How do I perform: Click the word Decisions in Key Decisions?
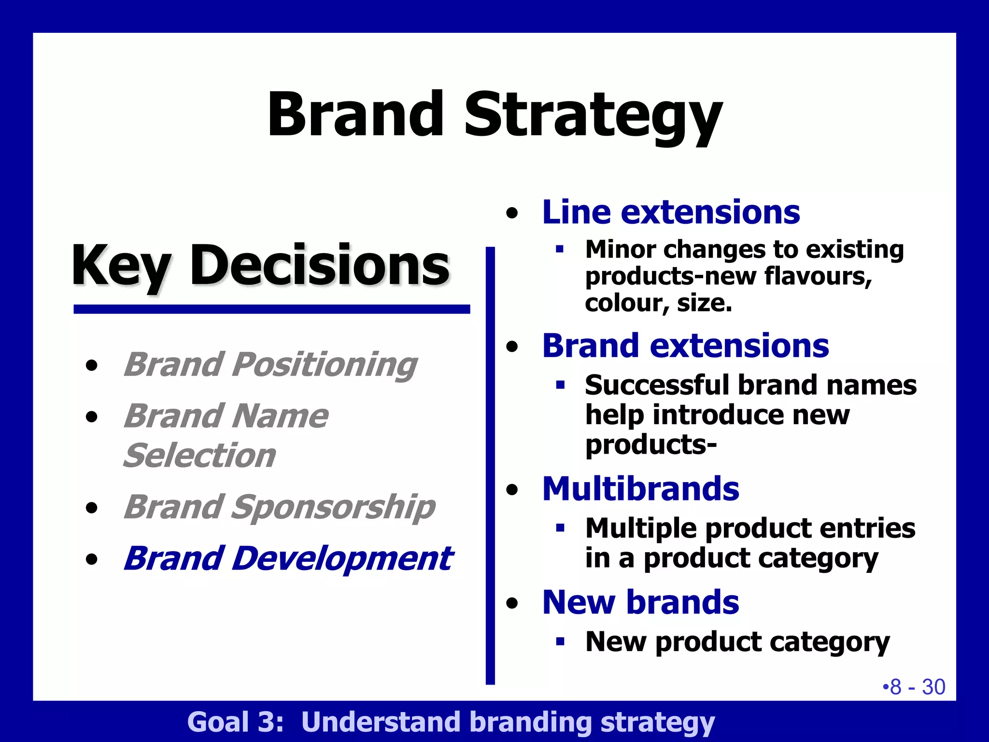[320, 266]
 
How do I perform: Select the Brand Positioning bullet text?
[270, 365]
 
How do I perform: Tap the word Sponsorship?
[333, 507]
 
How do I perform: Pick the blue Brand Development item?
[288, 559]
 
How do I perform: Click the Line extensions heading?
[671, 212]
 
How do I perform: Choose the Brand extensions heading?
[685, 346]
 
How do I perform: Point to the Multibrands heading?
[640, 489]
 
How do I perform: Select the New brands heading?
[640, 602]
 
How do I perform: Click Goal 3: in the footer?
[235, 722]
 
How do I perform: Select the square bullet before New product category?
[560, 642]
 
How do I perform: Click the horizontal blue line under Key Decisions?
[271, 309]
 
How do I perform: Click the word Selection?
[199, 456]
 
